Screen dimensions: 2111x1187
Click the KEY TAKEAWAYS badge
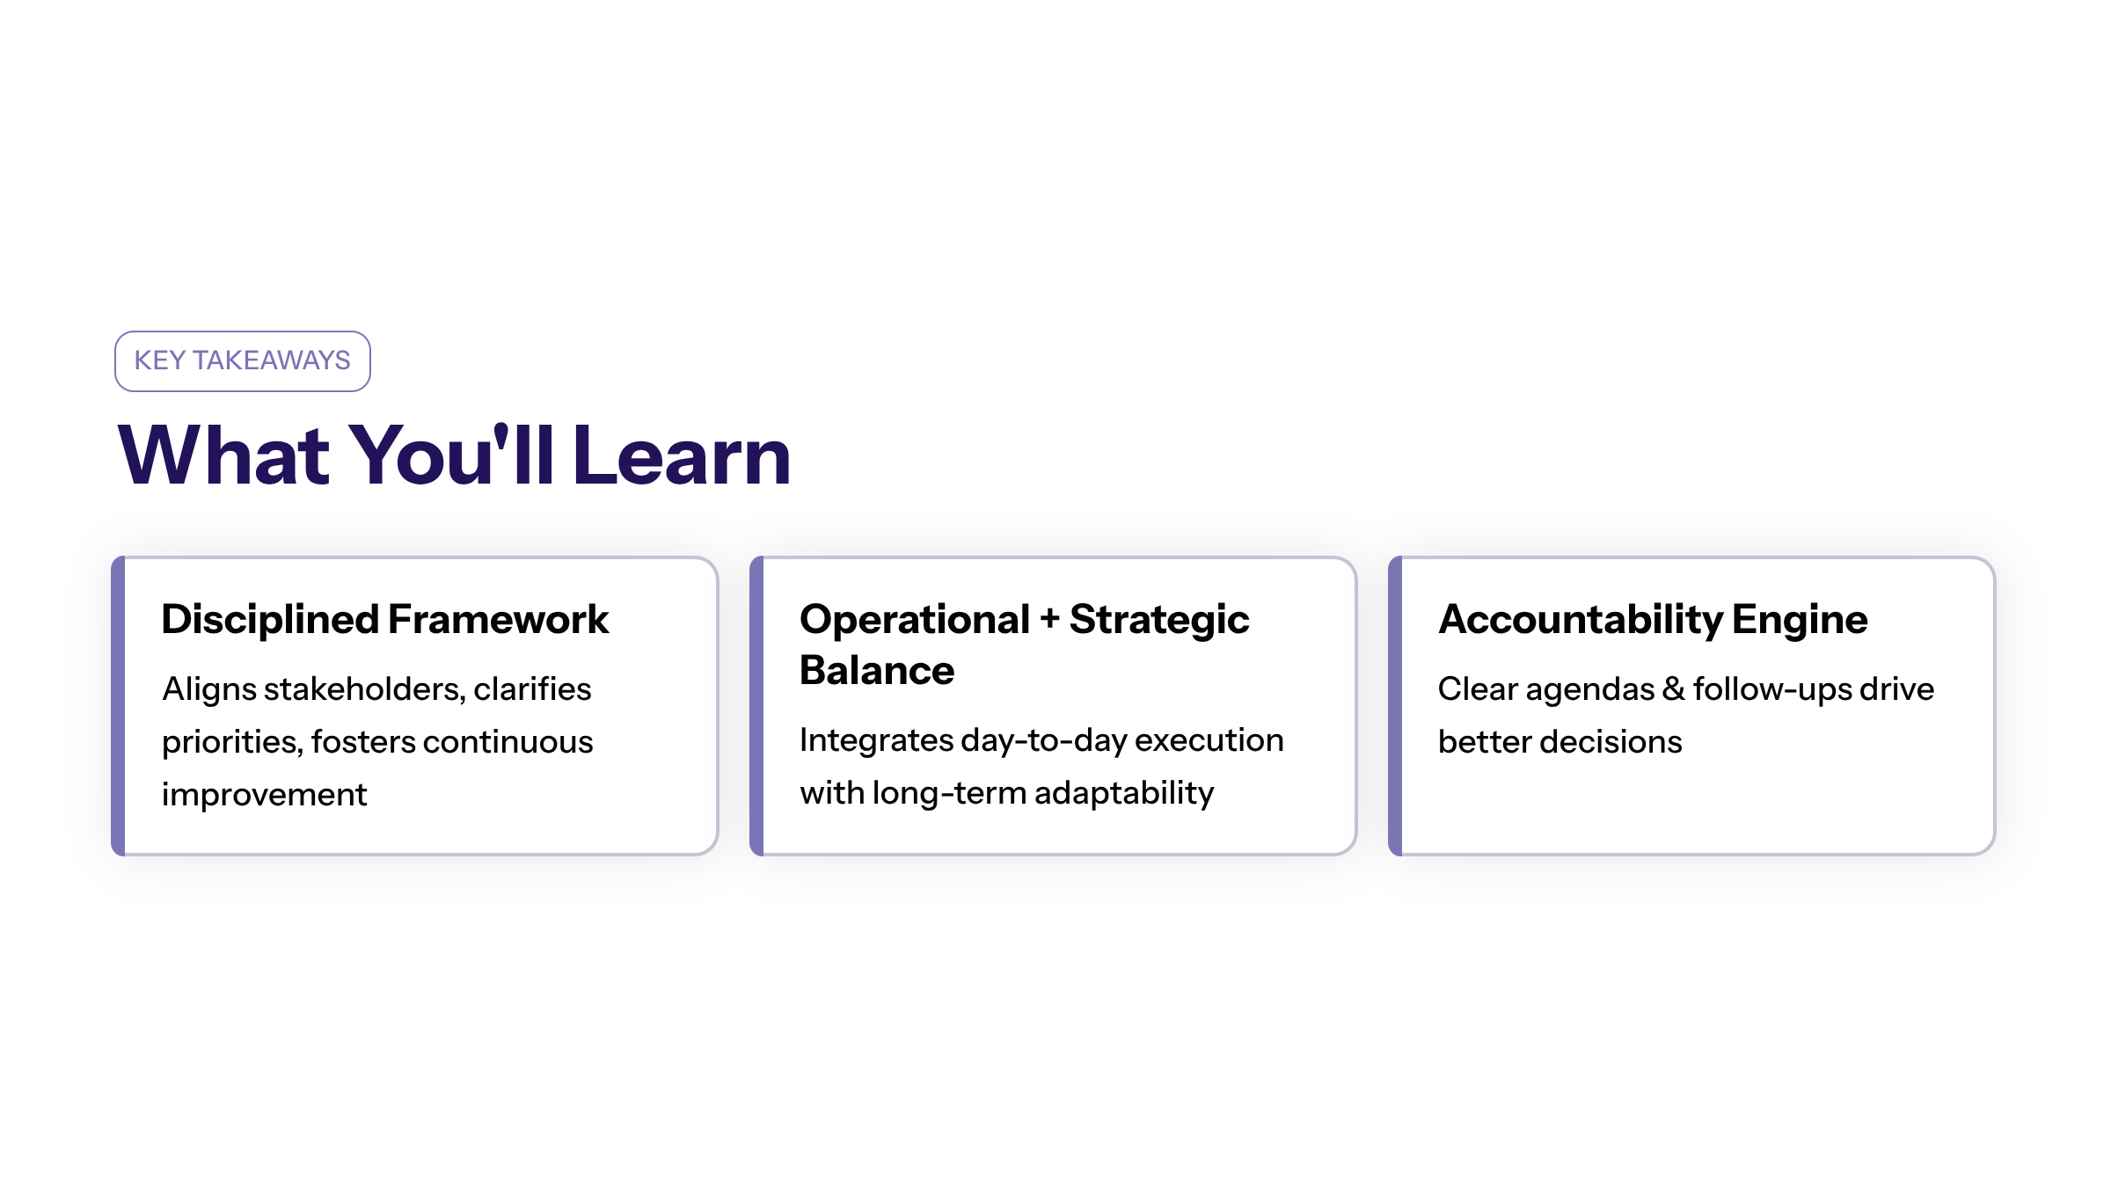point(243,361)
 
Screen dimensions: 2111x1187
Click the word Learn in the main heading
point(682,455)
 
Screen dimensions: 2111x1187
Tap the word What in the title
point(224,455)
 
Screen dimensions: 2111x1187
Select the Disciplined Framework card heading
point(385,619)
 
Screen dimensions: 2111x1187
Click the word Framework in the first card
point(498,619)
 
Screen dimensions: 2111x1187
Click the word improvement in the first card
point(264,795)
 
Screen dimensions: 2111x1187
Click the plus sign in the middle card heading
point(1049,620)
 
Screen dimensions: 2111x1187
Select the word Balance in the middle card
point(877,670)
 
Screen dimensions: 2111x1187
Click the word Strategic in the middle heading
point(1159,621)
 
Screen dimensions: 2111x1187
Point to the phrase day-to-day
point(1043,741)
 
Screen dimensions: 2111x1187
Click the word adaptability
point(1124,794)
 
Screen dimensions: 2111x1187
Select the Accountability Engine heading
point(1653,620)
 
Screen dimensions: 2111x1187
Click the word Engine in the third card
point(1800,621)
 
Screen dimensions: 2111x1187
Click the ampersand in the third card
point(1674,688)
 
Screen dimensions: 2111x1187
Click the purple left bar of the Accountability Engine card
point(1395,705)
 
